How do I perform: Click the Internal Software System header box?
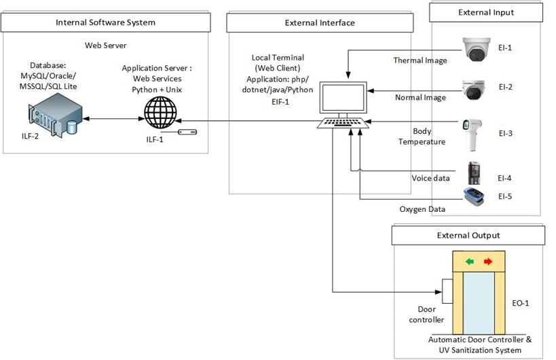point(105,22)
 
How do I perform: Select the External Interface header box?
point(319,22)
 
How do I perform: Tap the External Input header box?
point(485,12)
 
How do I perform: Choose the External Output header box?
point(468,235)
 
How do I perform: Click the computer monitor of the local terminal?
point(344,98)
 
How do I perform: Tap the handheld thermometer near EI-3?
point(471,134)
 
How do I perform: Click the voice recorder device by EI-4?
point(475,173)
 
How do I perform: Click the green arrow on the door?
point(470,261)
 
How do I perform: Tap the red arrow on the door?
point(487,261)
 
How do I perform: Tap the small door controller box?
point(447,291)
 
